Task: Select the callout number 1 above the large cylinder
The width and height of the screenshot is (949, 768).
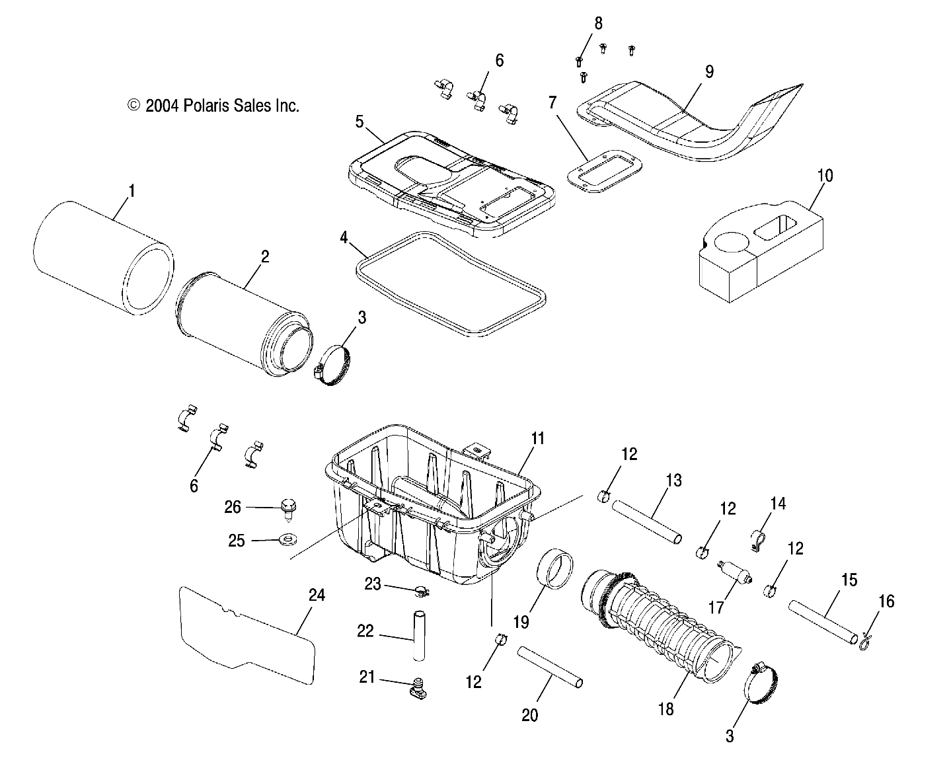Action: pos(131,192)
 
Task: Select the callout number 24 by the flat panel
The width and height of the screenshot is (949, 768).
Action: pos(317,595)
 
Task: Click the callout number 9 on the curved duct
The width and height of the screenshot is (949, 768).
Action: pos(708,71)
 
